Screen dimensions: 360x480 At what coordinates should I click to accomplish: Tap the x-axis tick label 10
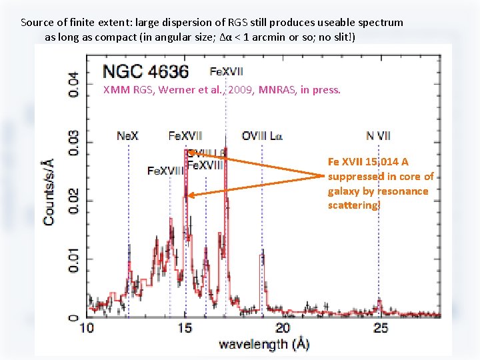(x=87, y=327)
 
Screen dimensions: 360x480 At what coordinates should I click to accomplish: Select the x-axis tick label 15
(x=185, y=327)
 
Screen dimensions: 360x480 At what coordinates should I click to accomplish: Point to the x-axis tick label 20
(x=283, y=327)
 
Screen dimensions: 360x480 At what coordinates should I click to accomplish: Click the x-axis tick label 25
(x=381, y=327)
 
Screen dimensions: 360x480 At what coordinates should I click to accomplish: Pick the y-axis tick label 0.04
(x=74, y=84)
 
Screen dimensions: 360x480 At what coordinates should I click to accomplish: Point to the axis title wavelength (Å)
(x=263, y=344)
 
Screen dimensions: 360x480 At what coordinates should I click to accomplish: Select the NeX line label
(x=128, y=136)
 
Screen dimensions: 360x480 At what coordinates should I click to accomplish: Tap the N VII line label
(x=379, y=136)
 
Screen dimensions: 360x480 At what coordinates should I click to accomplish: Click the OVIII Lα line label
(x=262, y=136)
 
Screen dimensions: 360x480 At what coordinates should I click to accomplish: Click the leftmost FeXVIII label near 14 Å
(x=164, y=171)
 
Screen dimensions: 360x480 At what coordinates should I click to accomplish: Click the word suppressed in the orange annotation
(x=357, y=177)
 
